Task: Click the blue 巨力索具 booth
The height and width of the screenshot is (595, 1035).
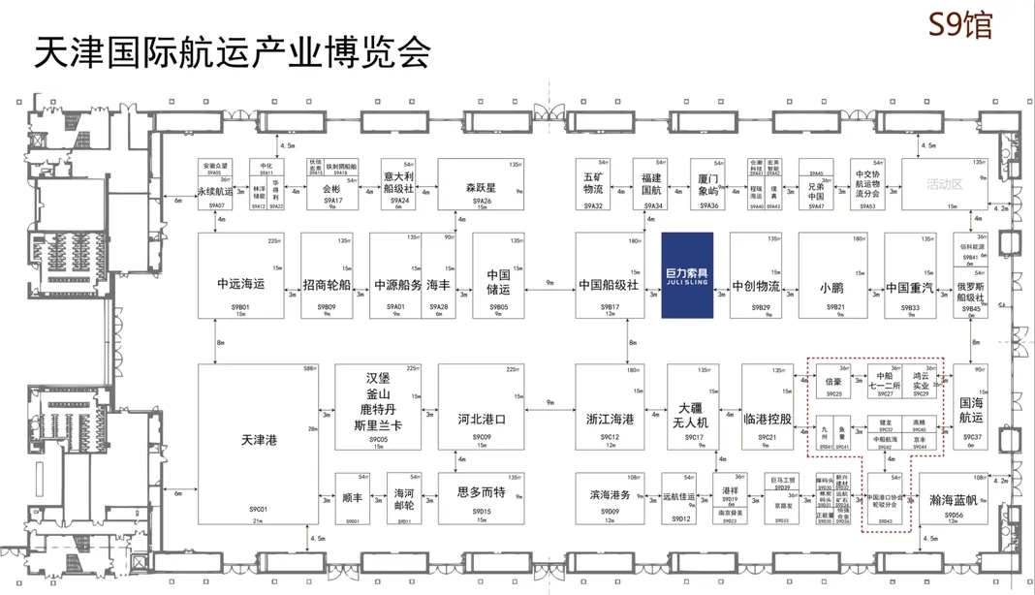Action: click(687, 275)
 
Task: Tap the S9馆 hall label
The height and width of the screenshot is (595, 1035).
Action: click(959, 24)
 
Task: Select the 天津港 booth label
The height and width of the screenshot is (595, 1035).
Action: click(260, 440)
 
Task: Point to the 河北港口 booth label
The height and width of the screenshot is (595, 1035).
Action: click(482, 421)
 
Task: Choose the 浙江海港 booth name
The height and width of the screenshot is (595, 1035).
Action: click(610, 420)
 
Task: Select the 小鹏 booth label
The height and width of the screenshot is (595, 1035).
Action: click(831, 287)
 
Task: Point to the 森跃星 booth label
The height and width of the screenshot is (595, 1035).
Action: click(482, 187)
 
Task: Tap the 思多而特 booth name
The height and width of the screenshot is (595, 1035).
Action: click(482, 491)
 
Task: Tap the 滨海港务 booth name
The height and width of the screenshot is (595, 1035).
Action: click(610, 494)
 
